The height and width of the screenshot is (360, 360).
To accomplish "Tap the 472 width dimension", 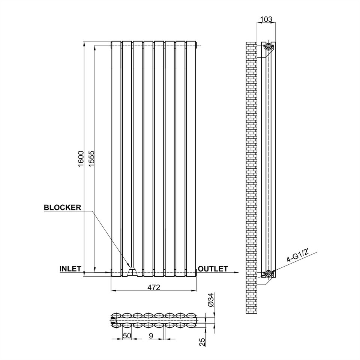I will tap(154, 288).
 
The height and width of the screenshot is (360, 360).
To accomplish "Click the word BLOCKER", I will tap(63, 207).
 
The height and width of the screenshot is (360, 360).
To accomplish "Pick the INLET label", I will tap(70, 268).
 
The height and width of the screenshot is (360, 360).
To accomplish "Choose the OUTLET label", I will tap(213, 268).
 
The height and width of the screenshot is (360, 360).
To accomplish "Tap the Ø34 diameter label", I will tap(211, 300).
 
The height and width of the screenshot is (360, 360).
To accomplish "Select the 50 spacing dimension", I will tap(127, 336).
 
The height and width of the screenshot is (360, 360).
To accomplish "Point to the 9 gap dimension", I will tap(151, 336).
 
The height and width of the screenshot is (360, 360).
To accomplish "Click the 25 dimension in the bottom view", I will tap(202, 342).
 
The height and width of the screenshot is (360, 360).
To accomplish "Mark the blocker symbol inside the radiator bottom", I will tap(132, 271).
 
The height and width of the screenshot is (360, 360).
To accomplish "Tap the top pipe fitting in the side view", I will tap(268, 46).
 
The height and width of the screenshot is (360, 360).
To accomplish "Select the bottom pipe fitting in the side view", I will tap(268, 273).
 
